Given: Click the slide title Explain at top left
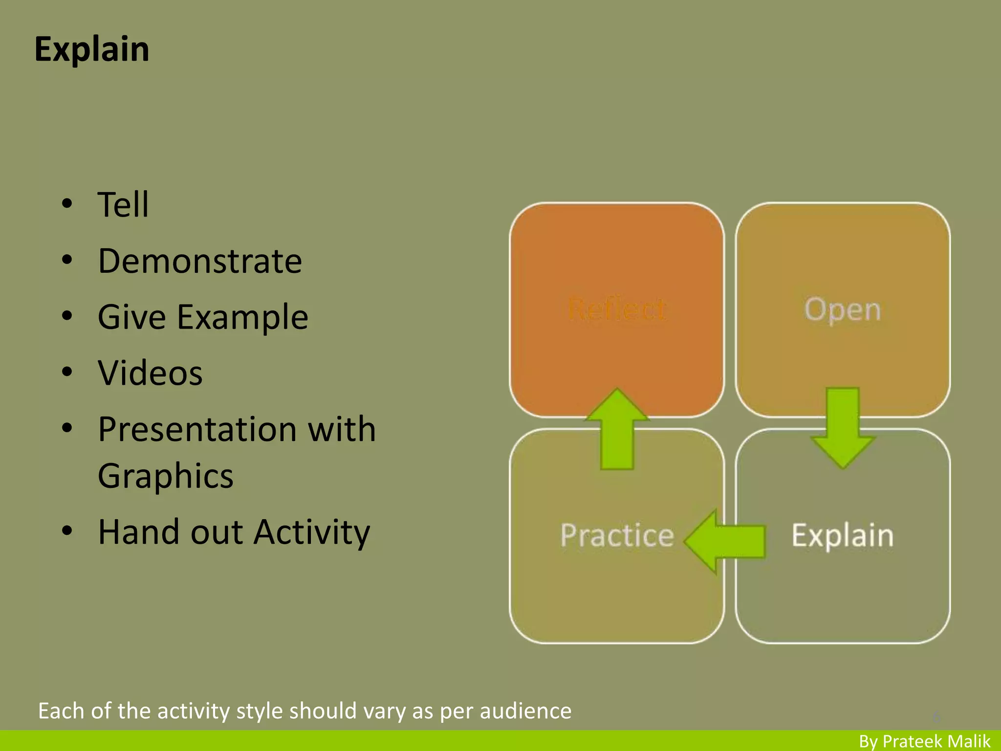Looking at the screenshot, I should tap(92, 49).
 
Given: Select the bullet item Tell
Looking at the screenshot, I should tap(123, 204).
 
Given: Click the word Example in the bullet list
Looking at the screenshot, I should tap(242, 317).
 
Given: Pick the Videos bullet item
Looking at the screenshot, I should tap(150, 373).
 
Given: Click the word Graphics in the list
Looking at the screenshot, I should tap(166, 476).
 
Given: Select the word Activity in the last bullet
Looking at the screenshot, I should tap(312, 532).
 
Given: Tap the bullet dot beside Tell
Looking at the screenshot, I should tap(67, 203).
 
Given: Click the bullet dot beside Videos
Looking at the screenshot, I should tap(67, 372).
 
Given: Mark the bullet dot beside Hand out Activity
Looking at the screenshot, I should tap(67, 531).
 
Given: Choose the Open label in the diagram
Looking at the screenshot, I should tap(843, 309).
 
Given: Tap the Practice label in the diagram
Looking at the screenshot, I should tap(617, 535).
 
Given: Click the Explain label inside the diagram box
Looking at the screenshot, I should tap(843, 535).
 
